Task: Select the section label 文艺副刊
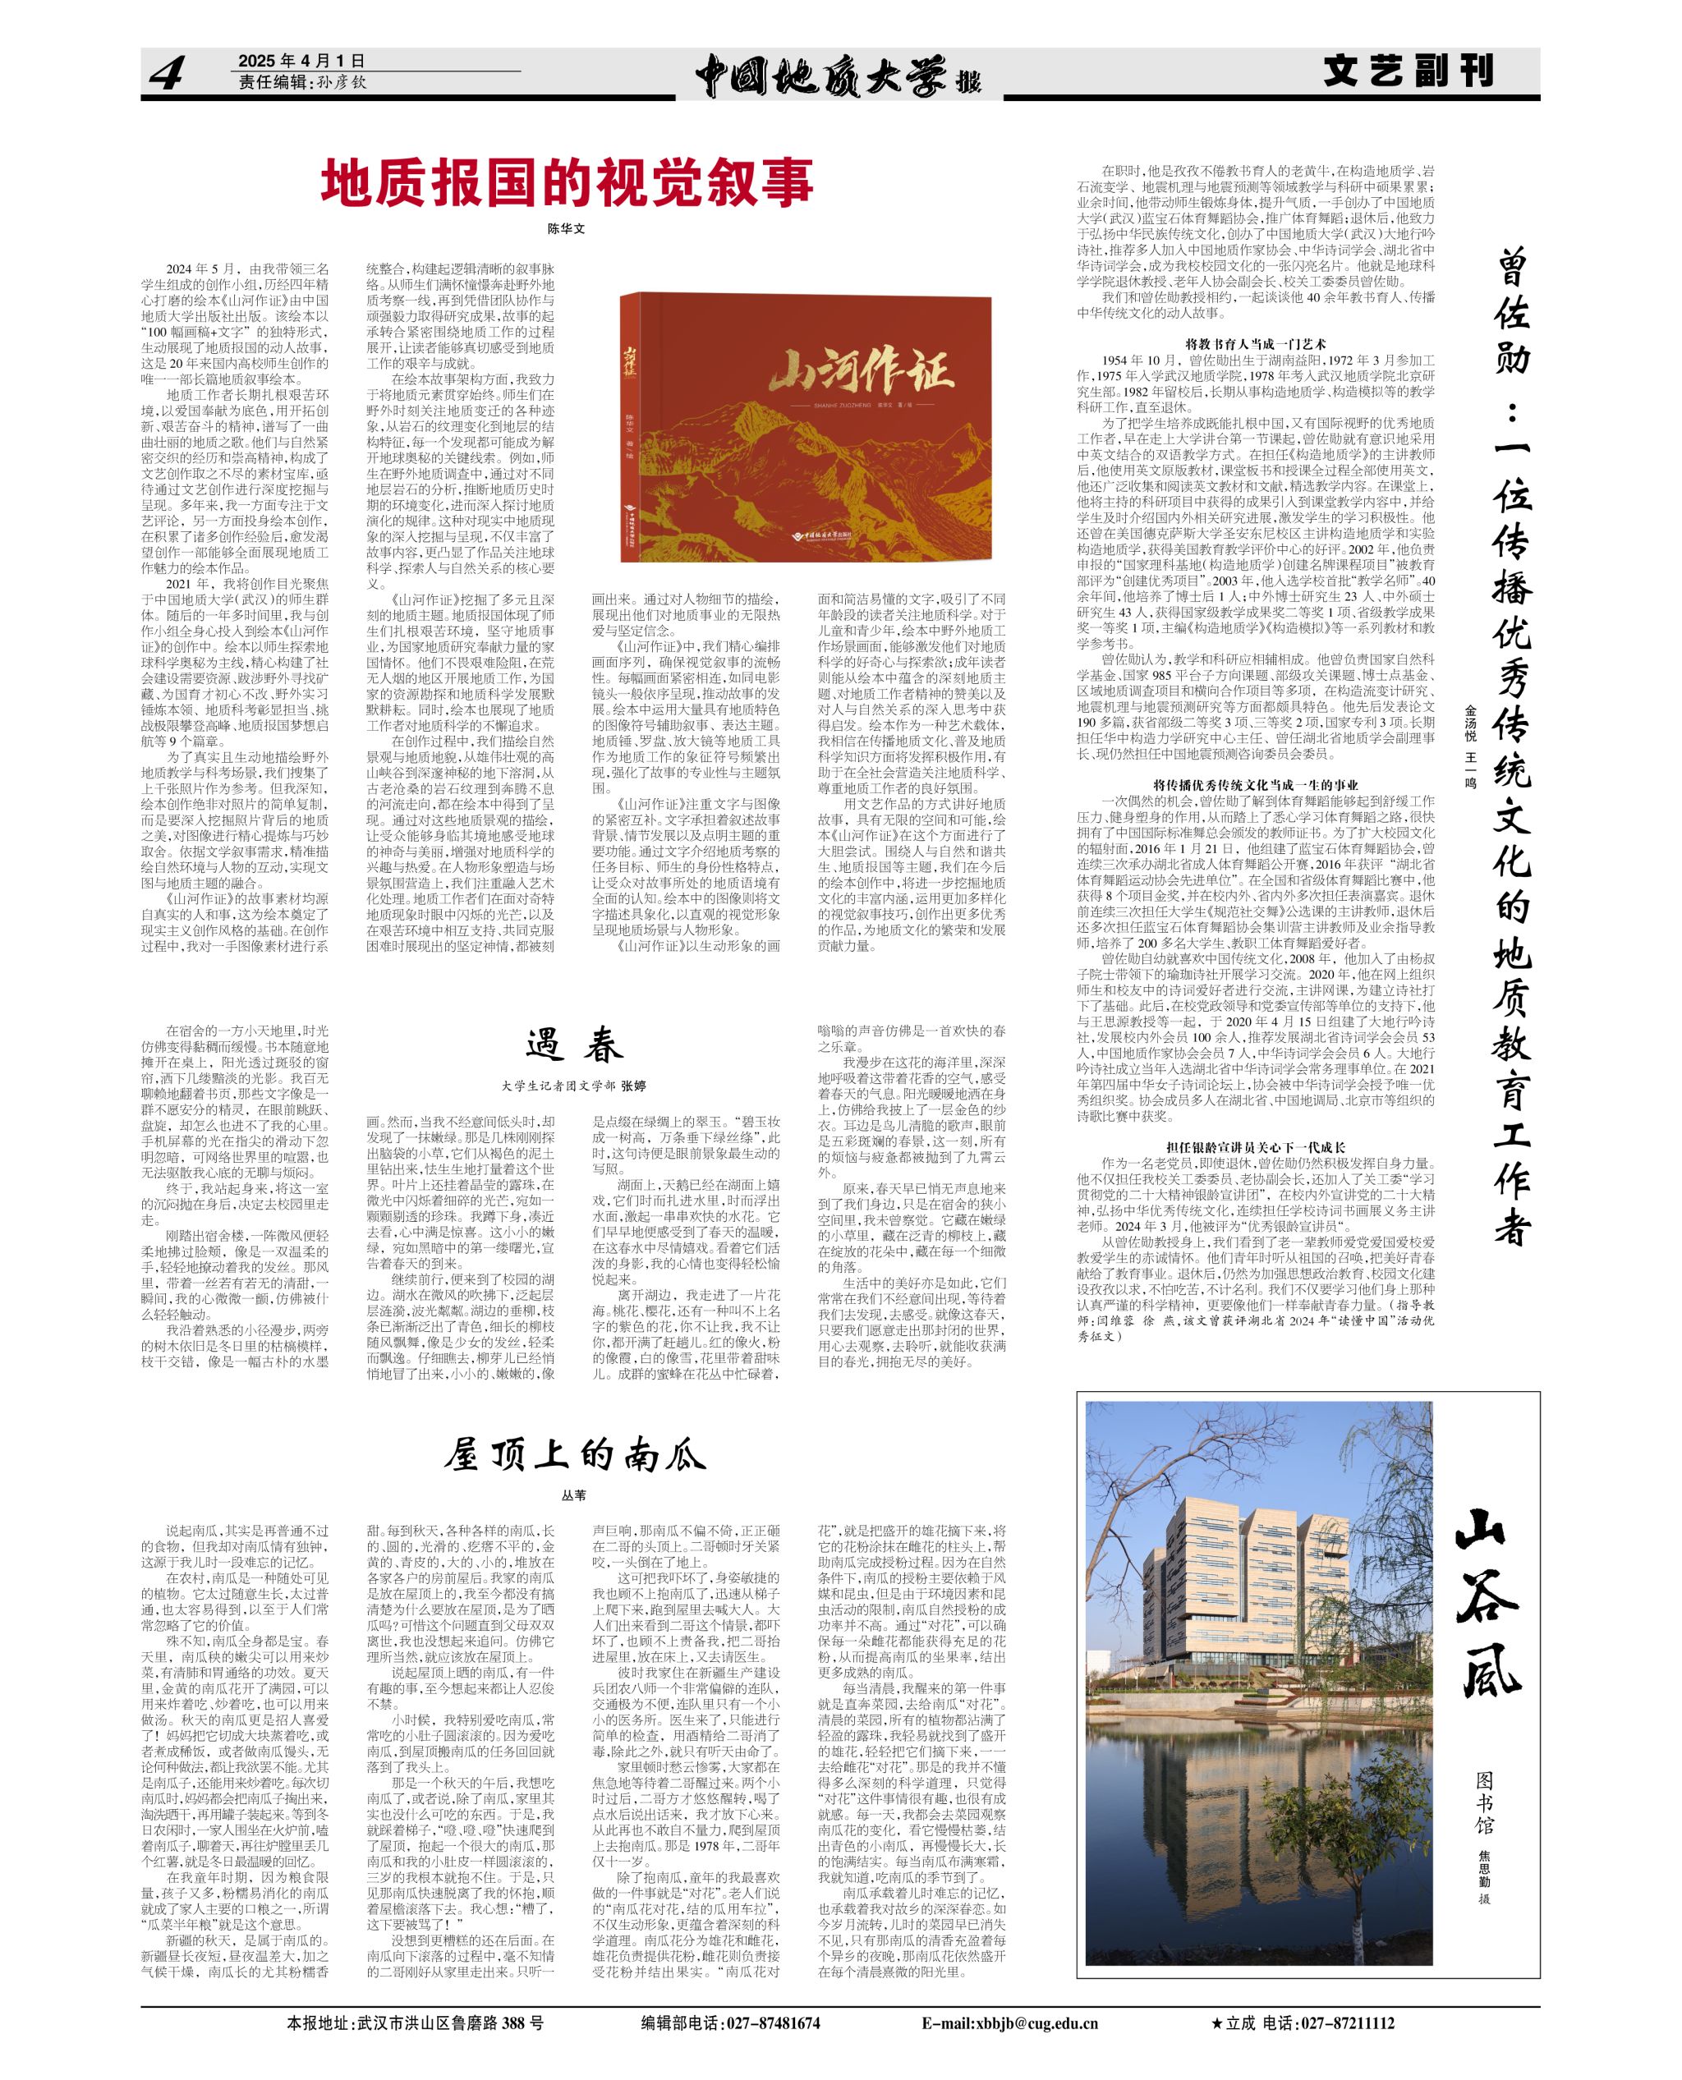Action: tap(1409, 71)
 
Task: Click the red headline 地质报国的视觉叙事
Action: tap(567, 183)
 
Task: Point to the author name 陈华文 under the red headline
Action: tap(567, 230)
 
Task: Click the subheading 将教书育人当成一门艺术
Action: tap(1256, 344)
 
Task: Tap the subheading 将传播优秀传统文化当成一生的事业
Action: tap(1256, 785)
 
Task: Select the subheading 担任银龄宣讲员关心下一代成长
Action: tap(1256, 1147)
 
